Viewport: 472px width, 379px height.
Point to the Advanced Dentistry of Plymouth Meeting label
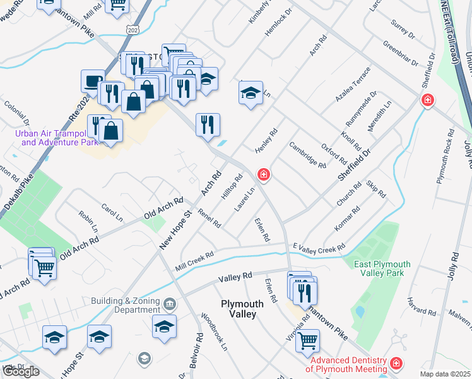[347, 364]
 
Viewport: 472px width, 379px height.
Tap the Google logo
[21, 371]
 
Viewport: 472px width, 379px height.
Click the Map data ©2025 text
[445, 374]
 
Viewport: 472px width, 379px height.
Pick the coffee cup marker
[93, 81]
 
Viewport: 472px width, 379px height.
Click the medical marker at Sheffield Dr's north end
[428, 100]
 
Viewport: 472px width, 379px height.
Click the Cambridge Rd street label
[307, 155]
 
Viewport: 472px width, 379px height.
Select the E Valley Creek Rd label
[319, 247]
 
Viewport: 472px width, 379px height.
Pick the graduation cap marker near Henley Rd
[251, 93]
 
